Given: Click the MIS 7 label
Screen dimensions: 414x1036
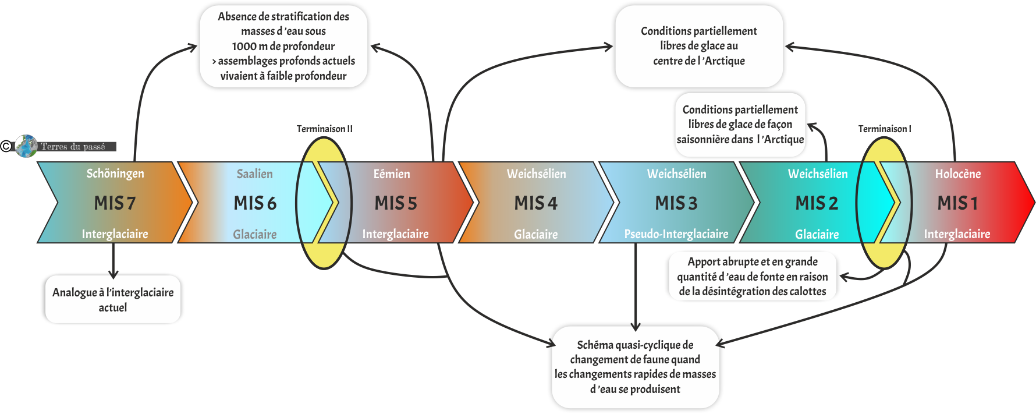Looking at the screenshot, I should click(115, 203).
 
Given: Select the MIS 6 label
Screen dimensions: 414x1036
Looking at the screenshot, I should click(255, 203).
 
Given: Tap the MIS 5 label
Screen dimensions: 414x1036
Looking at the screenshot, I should click(396, 203).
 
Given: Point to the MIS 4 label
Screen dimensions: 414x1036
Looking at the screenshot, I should click(535, 203).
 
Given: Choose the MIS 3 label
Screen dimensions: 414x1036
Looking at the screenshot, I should click(676, 203).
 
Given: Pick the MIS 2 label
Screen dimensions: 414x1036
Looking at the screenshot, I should click(817, 203).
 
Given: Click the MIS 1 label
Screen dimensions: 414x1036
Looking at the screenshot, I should click(957, 203).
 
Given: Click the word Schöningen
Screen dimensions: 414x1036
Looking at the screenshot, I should click(115, 174).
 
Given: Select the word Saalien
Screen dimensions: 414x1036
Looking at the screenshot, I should click(254, 174).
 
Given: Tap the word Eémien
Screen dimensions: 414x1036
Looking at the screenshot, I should click(392, 174).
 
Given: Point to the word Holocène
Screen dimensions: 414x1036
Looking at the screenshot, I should click(958, 174).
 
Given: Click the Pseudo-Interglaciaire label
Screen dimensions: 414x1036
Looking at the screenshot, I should click(676, 234).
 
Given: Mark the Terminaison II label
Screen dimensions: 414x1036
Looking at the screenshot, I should click(324, 129).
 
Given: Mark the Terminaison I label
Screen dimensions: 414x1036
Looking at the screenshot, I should click(885, 129).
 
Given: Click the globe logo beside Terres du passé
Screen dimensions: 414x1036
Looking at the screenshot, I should click(26, 146).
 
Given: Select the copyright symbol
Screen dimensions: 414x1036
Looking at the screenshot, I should click(6, 146).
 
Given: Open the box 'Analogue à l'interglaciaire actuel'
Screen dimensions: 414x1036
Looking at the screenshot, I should click(113, 299).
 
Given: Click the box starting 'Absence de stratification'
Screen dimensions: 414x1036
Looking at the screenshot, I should click(283, 47).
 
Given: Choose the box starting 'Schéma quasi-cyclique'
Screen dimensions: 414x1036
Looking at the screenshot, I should click(635, 367).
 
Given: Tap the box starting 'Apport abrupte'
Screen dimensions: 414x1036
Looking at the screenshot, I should click(753, 277).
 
